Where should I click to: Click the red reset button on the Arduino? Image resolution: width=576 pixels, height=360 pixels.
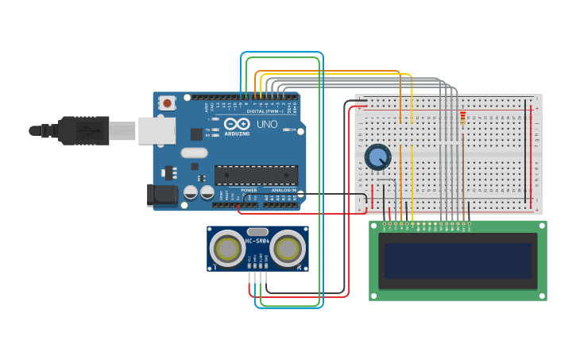pos(167,103)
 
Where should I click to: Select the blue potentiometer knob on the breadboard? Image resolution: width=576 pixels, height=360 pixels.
pos(377,157)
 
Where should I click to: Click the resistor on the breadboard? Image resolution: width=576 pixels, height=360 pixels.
pos(463,118)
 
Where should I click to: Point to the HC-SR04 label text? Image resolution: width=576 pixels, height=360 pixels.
pos(257,239)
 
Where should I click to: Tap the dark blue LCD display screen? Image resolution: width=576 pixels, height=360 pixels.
pos(457,261)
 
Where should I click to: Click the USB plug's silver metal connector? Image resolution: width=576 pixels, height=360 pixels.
pos(122,130)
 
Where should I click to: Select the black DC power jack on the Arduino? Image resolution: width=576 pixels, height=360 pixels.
pos(162,195)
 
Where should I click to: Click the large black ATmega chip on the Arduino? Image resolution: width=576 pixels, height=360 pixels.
pos(257,175)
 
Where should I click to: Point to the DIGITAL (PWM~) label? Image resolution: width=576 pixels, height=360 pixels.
pos(265,111)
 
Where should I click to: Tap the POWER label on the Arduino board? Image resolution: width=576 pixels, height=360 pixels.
pos(249,191)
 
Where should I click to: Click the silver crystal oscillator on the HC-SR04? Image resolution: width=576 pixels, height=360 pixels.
pos(257,230)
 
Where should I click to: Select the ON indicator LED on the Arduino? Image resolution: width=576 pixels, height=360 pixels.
pos(288,130)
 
